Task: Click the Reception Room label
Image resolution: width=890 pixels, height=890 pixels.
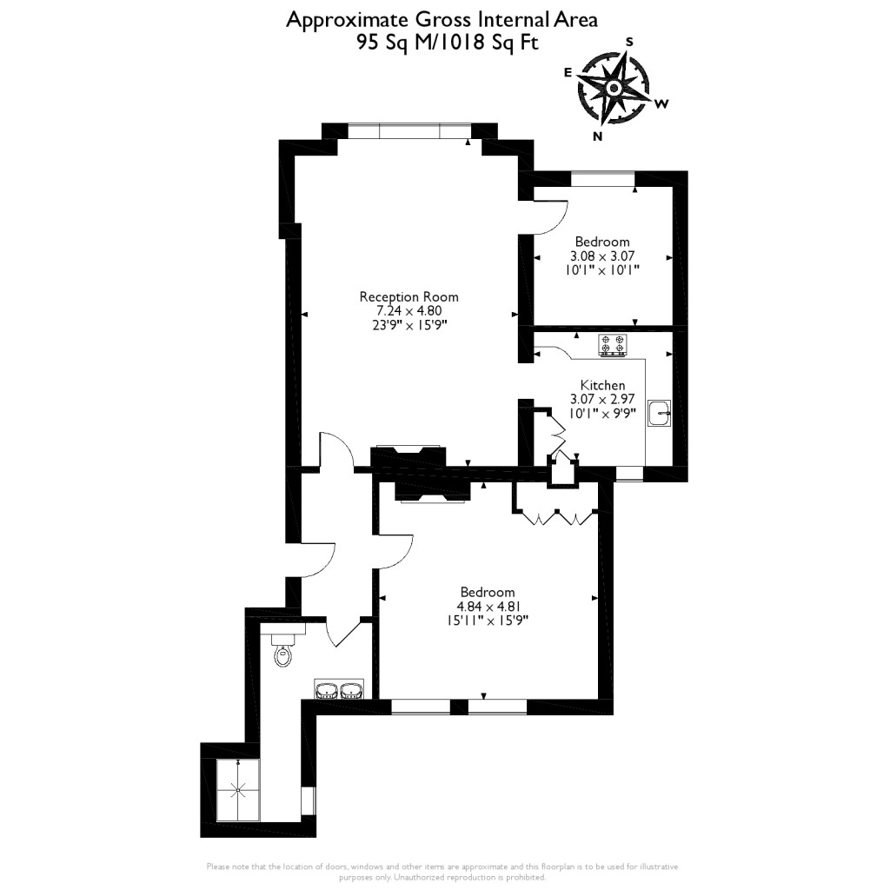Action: (x=408, y=297)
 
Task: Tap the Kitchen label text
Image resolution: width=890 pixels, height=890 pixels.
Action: (x=602, y=385)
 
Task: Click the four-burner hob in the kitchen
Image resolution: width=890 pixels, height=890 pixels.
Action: (x=612, y=345)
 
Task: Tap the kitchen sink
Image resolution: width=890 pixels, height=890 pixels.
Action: (x=660, y=414)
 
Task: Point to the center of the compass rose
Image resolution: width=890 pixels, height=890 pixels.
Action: (x=614, y=88)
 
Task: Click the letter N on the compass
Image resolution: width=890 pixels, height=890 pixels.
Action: (x=597, y=136)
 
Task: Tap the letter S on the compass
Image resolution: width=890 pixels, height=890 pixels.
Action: (x=630, y=41)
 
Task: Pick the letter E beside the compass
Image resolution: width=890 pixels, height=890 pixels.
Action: (x=568, y=73)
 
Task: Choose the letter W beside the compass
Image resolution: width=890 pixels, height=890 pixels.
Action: (x=661, y=104)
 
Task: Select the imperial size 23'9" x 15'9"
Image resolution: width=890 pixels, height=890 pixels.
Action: (x=408, y=325)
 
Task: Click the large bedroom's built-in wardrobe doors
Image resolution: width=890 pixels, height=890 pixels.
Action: (x=555, y=518)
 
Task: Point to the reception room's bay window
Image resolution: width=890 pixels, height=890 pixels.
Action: (x=408, y=131)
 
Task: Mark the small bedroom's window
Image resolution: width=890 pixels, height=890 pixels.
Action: (x=602, y=178)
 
